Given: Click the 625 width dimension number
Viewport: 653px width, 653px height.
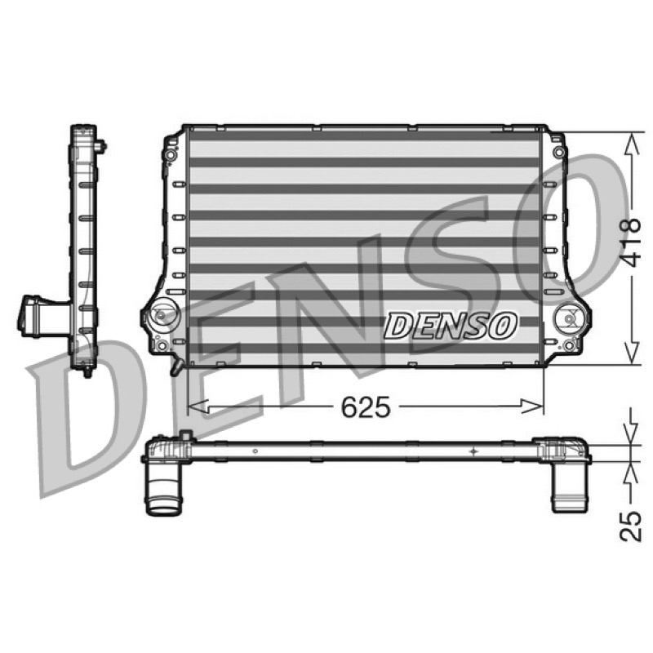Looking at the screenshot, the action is pos(366,406).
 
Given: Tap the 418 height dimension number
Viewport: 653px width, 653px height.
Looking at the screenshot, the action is pos(629,242).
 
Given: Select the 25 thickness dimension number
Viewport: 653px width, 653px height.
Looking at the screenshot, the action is pos(630,526).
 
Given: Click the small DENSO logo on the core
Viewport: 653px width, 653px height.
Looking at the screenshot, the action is pos(450,325).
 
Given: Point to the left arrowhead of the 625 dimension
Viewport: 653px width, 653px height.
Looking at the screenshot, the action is pos(198,406).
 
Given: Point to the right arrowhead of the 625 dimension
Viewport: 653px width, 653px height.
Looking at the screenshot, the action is pos(533,406).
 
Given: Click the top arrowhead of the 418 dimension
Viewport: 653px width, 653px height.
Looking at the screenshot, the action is pos(632,143).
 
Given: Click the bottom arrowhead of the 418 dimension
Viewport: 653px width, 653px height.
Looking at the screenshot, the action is pos(632,354).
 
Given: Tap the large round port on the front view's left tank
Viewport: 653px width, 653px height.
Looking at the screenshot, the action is pos(161,314).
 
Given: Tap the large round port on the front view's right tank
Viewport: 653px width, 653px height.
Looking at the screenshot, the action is pos(567,318).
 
